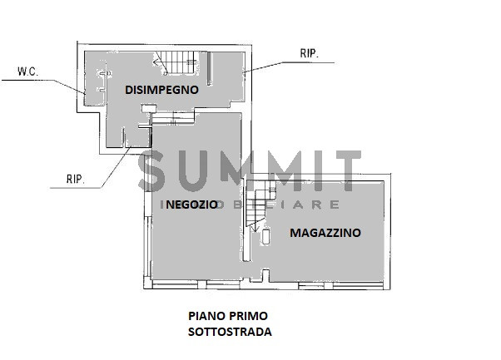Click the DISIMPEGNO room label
tap(161, 90)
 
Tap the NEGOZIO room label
tap(191, 205)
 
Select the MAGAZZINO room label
tap(325, 234)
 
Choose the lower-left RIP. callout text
tap(76, 177)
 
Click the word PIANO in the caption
tap(205, 317)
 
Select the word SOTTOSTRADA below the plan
tap(229, 332)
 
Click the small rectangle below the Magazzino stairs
tap(265, 238)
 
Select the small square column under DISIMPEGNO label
tap(147, 107)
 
